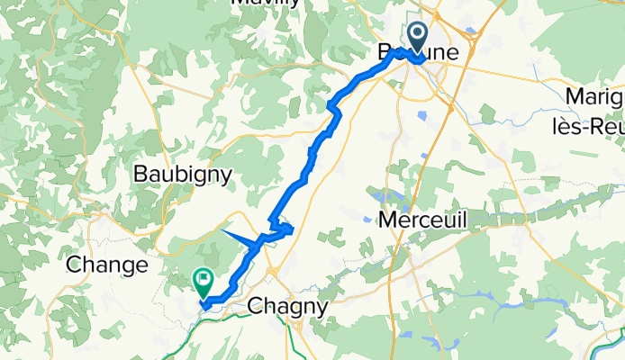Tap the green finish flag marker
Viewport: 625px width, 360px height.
point(204,283)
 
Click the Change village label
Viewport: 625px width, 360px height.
point(107,265)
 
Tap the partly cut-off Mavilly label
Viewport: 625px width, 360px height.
point(266,4)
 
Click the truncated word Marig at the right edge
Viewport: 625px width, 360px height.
point(594,96)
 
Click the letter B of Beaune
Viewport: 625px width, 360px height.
point(384,54)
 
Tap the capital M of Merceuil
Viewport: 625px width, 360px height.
point(388,220)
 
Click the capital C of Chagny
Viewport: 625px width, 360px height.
point(255,306)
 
